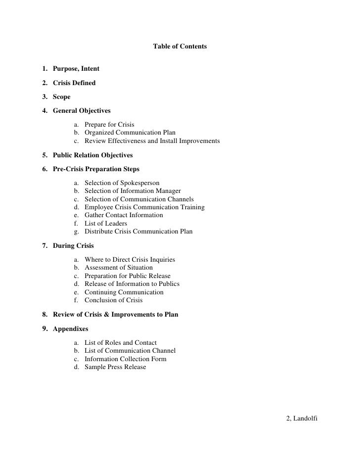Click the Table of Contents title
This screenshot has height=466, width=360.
click(180, 47)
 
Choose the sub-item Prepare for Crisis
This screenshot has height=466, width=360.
click(109, 124)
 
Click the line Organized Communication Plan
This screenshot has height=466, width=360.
click(130, 133)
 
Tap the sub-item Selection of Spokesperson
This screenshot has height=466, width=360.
click(122, 183)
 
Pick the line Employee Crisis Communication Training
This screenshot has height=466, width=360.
click(144, 207)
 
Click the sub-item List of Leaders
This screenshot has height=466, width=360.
click(106, 224)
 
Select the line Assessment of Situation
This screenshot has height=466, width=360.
click(119, 268)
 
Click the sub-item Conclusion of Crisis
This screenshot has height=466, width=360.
click(113, 300)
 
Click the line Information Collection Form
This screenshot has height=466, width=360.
click(126, 359)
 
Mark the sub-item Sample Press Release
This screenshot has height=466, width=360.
click(115, 367)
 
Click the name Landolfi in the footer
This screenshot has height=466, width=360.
click(305, 419)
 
